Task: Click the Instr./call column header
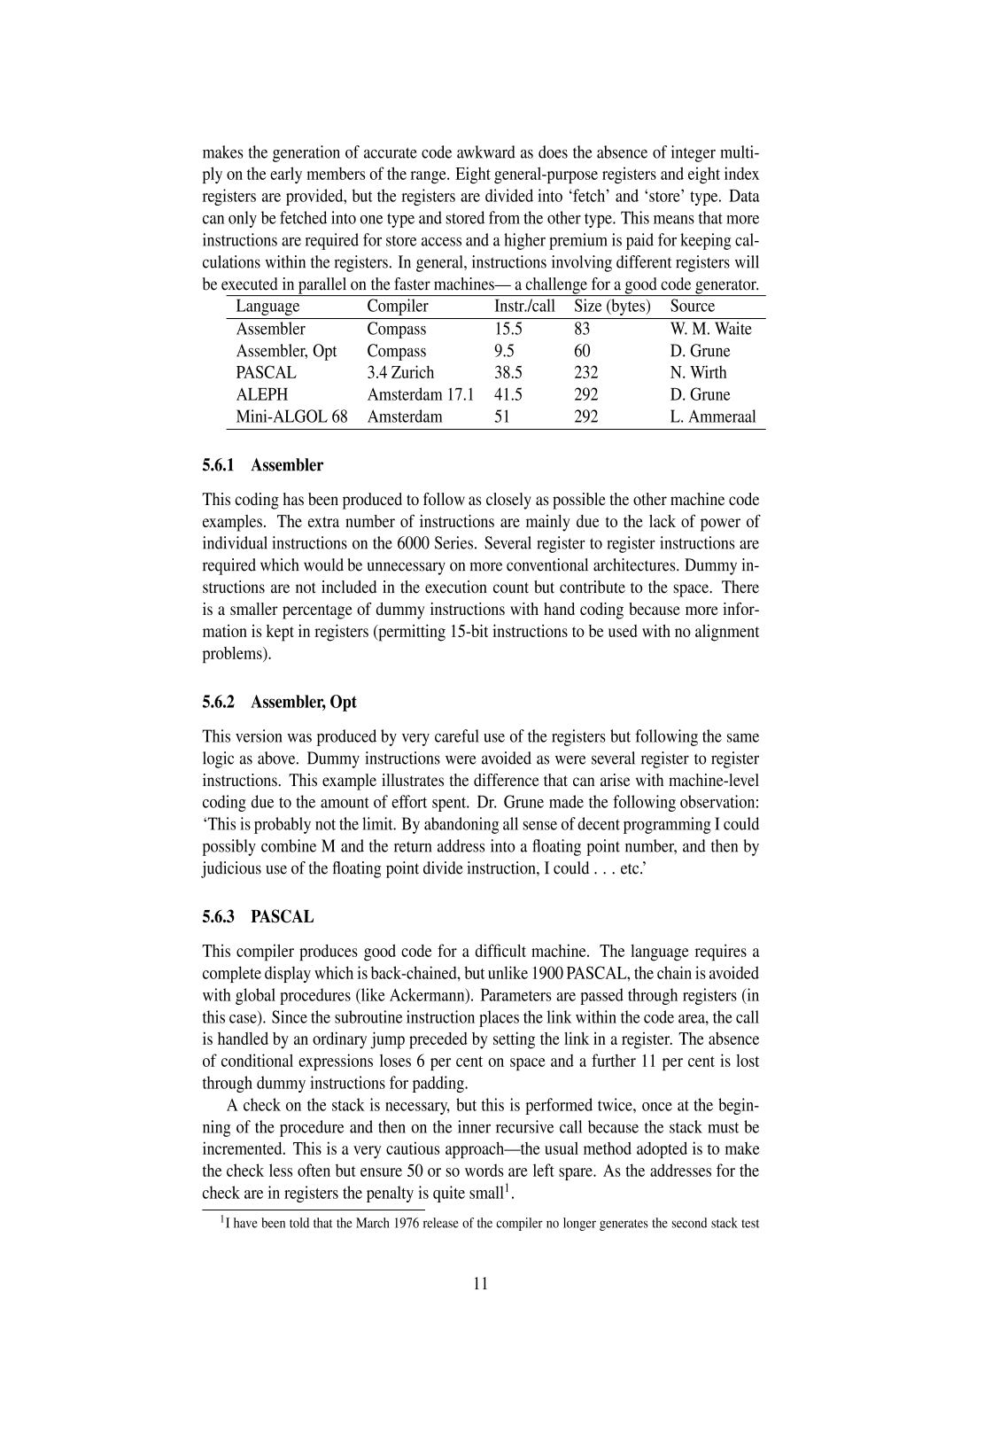[524, 307]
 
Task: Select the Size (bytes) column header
[612, 307]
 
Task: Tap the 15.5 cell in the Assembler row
[508, 329]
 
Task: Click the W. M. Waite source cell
[710, 329]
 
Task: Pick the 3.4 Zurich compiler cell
[400, 373]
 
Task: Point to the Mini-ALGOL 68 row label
[291, 416]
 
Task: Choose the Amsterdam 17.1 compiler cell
[420, 395]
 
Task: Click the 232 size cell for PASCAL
[585, 373]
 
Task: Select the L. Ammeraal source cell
[713, 416]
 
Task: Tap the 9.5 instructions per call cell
[504, 351]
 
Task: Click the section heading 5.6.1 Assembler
[263, 465]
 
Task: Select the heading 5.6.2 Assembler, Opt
[279, 703]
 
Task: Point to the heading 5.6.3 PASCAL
[258, 917]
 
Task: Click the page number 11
[481, 1284]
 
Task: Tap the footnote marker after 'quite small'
[508, 1188]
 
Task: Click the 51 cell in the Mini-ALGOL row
[502, 416]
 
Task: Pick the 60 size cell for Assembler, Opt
[582, 351]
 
